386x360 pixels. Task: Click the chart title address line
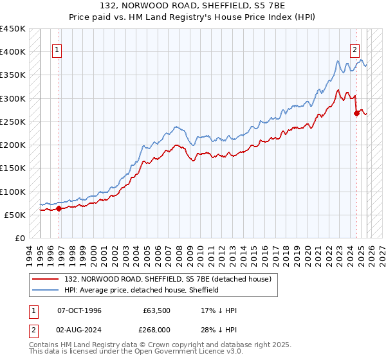(192, 6)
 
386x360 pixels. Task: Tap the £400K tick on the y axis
(13, 52)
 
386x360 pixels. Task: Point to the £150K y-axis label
(13, 168)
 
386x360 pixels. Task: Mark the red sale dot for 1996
(59, 208)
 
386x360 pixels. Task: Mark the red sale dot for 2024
(356, 114)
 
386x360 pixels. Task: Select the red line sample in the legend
(46, 279)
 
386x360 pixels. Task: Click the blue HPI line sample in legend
(46, 290)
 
